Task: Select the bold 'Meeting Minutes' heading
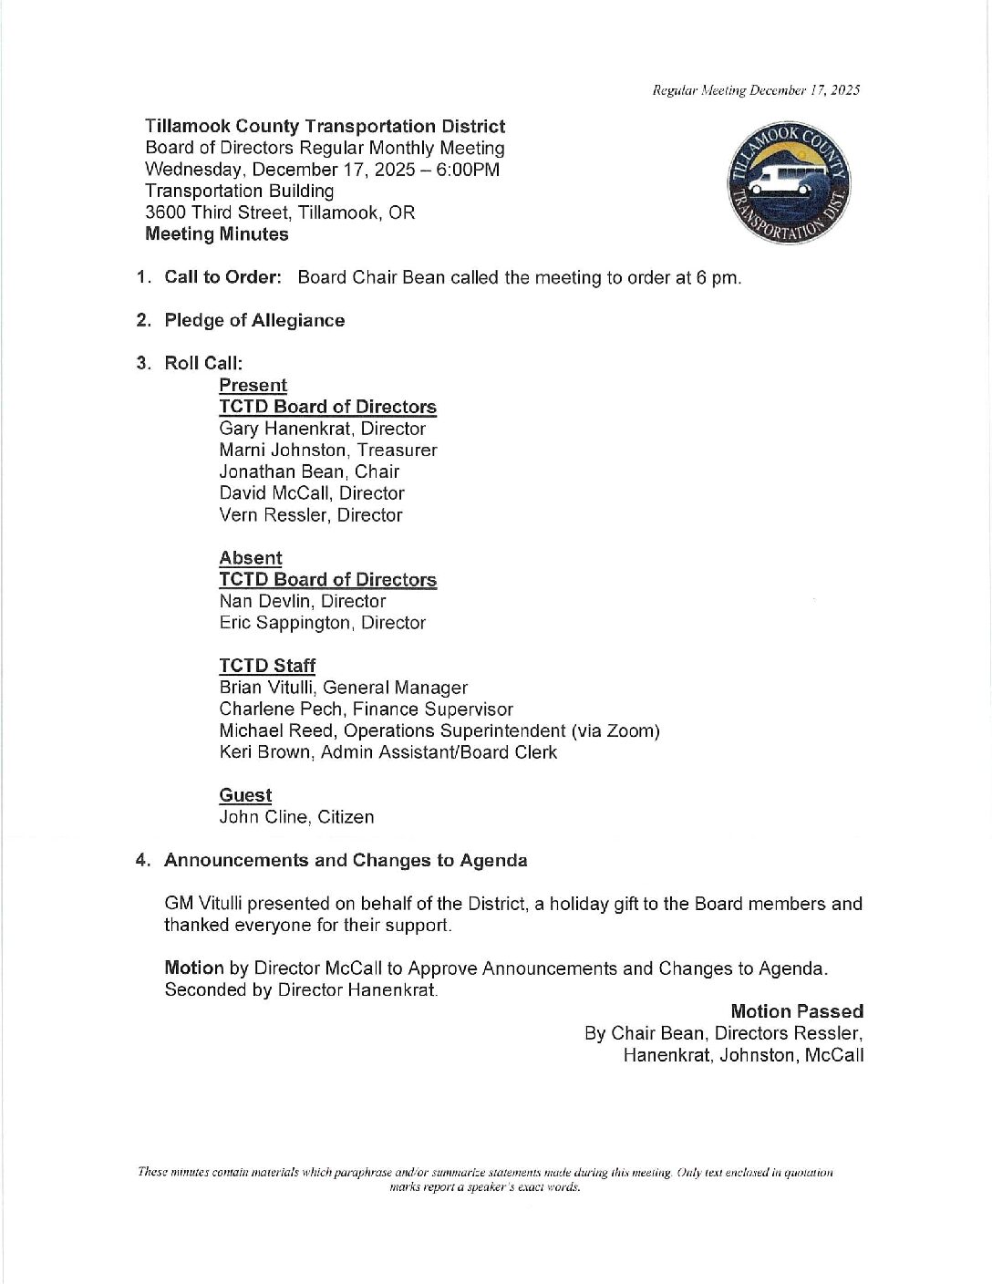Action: [x=216, y=234]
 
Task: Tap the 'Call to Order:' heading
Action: [x=222, y=277]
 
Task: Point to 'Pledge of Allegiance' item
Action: [x=254, y=320]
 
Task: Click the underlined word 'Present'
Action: [x=253, y=386]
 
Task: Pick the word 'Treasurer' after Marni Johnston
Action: [x=397, y=450]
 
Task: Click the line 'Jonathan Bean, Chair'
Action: [x=309, y=471]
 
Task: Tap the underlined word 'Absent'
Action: [x=251, y=558]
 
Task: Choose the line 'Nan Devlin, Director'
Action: [x=302, y=601]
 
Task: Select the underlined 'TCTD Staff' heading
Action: [x=267, y=666]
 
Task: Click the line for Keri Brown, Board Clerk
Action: [x=387, y=752]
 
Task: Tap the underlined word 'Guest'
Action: [x=245, y=795]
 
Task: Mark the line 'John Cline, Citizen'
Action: [x=296, y=817]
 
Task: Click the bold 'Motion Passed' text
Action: [x=796, y=1011]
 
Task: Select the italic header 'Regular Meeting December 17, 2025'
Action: [x=756, y=89]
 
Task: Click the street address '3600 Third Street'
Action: [x=216, y=212]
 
